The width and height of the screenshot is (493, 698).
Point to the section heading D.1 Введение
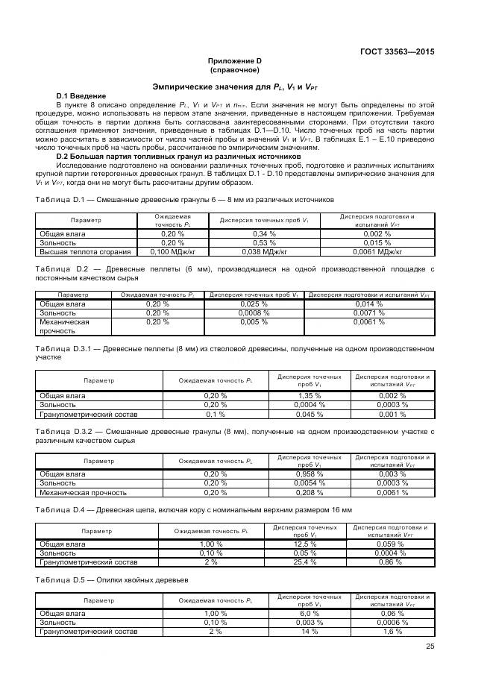pos(81,96)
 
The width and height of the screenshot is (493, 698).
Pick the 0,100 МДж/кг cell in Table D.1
pos(172,251)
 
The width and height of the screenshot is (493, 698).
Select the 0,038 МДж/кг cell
pos(264,251)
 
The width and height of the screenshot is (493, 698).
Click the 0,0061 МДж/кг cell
pos(377,251)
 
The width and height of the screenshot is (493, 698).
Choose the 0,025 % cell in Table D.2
pos(254,304)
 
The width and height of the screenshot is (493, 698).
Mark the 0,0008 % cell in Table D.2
pos(254,313)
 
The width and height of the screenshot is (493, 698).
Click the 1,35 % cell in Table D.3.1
pos(309,395)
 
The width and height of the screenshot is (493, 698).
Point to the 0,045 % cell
pos(309,413)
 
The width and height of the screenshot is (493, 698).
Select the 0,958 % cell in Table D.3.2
pos(309,474)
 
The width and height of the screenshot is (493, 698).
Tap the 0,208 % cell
pos(309,492)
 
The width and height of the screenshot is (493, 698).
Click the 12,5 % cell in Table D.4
pos(305,544)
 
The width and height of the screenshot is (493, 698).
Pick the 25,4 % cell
pos(305,562)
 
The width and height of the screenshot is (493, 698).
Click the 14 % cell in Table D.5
pos(309,631)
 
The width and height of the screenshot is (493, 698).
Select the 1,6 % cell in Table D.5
pos(392,631)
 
